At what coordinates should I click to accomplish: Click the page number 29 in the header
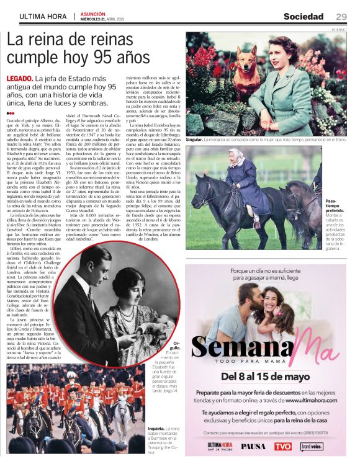[341, 16]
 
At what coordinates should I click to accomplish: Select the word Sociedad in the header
[304, 16]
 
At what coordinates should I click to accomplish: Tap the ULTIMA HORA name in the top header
[43, 16]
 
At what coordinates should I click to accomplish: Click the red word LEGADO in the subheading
[19, 79]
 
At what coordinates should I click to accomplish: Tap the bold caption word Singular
[194, 140]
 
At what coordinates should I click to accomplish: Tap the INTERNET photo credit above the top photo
[338, 29]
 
